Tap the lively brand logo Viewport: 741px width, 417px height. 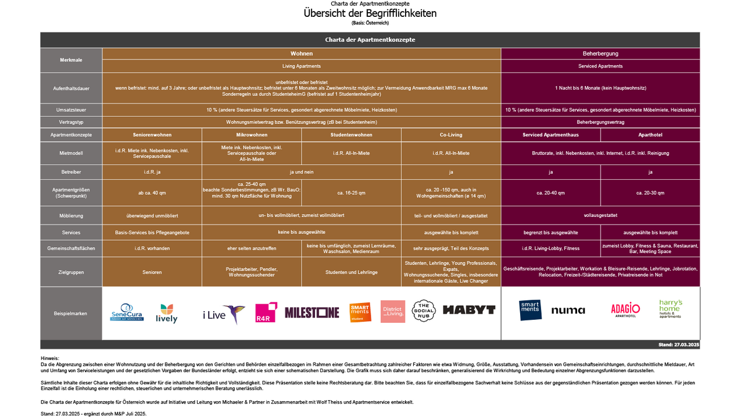(x=166, y=313)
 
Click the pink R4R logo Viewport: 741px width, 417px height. (x=266, y=312)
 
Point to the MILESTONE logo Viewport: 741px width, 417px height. (x=312, y=312)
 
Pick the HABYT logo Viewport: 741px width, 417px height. (x=469, y=310)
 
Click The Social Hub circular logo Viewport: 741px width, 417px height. (x=424, y=311)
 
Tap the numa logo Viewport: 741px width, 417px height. (x=568, y=310)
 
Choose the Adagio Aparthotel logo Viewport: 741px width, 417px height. (x=625, y=310)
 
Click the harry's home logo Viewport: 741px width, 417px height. (x=671, y=309)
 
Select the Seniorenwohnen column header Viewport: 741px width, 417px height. (x=152, y=135)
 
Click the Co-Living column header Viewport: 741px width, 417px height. (x=451, y=135)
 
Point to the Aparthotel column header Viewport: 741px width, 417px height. (x=650, y=135)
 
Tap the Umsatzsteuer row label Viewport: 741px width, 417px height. (x=71, y=110)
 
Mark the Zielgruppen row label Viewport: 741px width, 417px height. (x=71, y=272)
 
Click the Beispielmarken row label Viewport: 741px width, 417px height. (x=71, y=313)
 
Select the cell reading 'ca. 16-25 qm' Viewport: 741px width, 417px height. (x=351, y=193)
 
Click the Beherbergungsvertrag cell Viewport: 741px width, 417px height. (x=600, y=122)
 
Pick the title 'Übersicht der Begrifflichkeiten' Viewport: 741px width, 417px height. (x=370, y=13)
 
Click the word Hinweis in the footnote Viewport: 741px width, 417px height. (x=50, y=358)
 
